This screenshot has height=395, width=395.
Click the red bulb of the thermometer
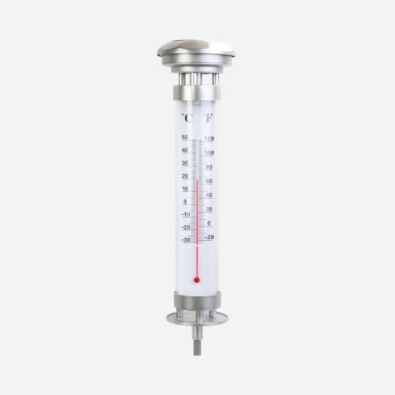197,280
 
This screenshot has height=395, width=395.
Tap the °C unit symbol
188,118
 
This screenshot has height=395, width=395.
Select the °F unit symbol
208,118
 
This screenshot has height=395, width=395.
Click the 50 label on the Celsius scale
185,137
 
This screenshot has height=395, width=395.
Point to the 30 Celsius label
185,163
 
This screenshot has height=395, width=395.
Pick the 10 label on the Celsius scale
185,189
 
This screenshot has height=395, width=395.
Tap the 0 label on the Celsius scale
185,202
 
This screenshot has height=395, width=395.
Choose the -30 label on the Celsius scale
186,240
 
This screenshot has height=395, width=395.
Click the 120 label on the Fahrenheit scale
209,139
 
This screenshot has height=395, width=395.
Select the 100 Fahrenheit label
209,153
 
